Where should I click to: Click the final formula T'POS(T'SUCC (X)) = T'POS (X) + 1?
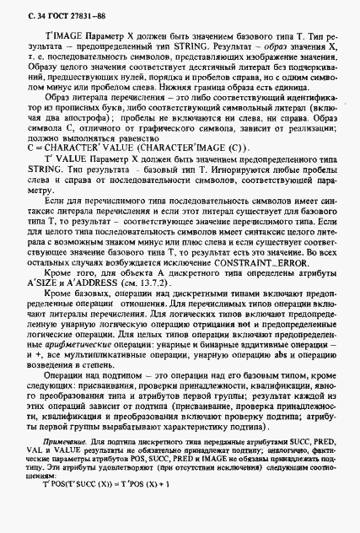(x=105, y=508)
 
